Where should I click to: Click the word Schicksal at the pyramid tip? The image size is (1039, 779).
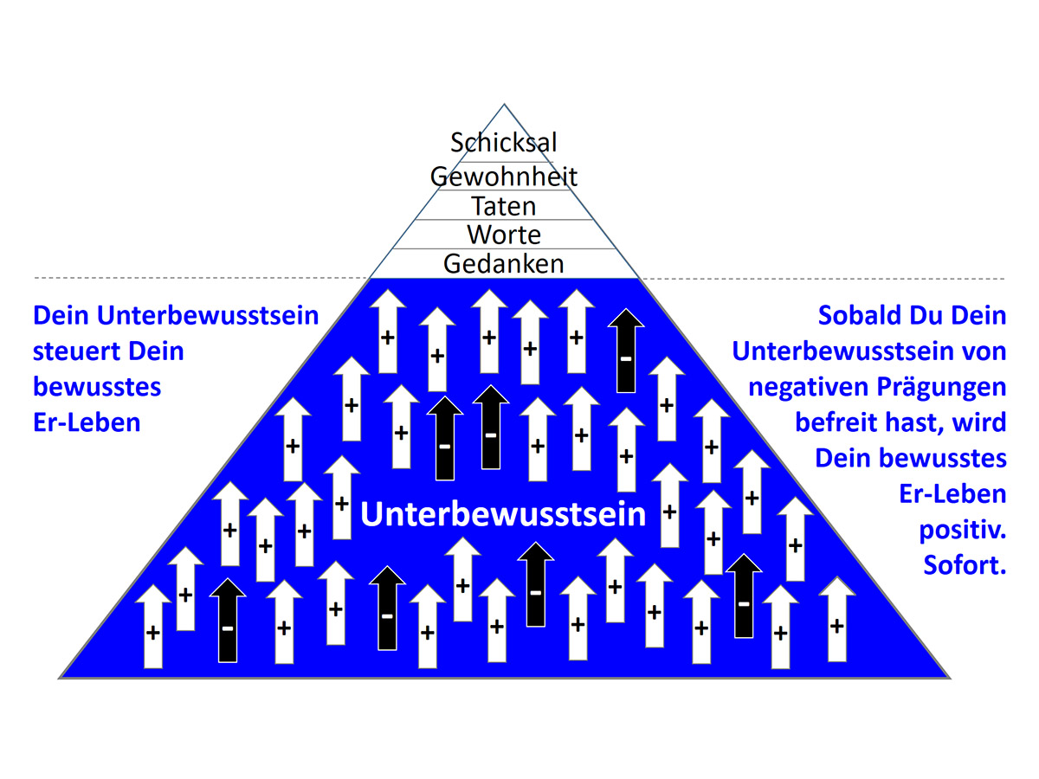pos(504,142)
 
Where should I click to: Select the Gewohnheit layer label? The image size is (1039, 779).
pos(504,177)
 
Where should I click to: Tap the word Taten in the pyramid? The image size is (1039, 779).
pos(504,206)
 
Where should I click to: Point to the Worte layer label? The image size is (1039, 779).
pos(504,235)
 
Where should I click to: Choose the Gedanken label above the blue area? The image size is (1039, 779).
pos(504,263)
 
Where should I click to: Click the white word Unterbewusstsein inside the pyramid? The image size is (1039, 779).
pos(503,514)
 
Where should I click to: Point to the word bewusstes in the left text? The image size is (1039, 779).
pos(97,387)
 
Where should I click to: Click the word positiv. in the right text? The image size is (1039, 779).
pos(962,531)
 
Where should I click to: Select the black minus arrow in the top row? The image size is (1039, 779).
pos(625,351)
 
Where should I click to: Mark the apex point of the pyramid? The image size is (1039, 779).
pos(504,104)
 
